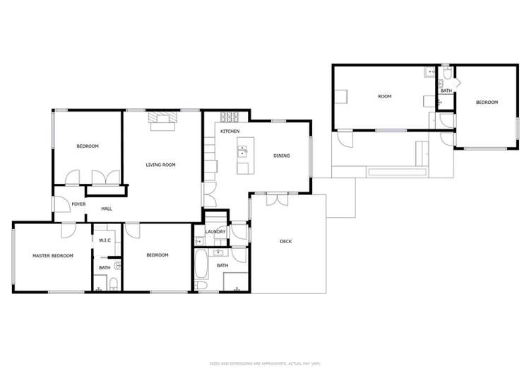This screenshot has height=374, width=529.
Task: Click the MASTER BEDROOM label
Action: (x=53, y=255)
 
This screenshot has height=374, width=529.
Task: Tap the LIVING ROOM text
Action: (x=160, y=165)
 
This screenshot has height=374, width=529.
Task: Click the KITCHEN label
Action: (x=230, y=132)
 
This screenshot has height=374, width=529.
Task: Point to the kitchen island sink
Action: (x=244, y=151)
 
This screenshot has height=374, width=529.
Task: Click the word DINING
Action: (x=282, y=156)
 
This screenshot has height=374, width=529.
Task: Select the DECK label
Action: (x=285, y=241)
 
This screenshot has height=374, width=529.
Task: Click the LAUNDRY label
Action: (x=215, y=231)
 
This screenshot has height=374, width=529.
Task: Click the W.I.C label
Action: (x=105, y=240)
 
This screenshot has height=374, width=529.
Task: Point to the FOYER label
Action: (x=78, y=204)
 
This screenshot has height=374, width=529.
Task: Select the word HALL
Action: (x=107, y=209)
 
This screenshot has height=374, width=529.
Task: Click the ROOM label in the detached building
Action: (x=384, y=96)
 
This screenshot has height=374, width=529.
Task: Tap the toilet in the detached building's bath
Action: (x=447, y=76)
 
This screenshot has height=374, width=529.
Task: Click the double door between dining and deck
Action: (x=276, y=199)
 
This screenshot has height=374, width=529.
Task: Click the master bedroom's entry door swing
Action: (x=68, y=230)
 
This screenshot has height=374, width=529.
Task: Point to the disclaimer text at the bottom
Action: (x=264, y=363)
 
